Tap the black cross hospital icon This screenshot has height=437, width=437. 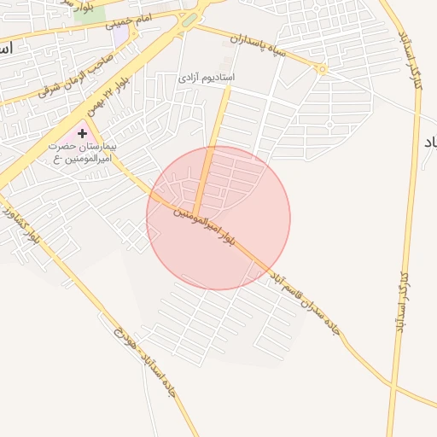coord(82,133)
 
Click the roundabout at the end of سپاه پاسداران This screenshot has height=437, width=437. coord(322,69)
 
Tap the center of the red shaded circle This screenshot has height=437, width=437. coord(218,218)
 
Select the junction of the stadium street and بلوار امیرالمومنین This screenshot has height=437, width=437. coord(195,214)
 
